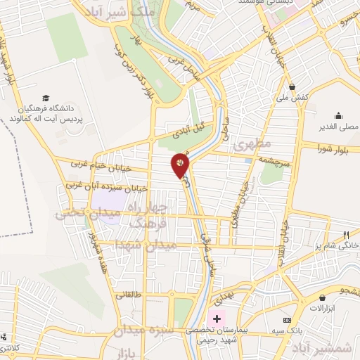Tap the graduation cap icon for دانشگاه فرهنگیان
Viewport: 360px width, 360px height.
(46, 98)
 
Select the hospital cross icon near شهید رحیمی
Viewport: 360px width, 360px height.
(217, 319)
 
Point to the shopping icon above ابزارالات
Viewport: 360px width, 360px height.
(322, 298)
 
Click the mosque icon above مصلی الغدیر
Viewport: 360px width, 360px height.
(339, 116)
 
